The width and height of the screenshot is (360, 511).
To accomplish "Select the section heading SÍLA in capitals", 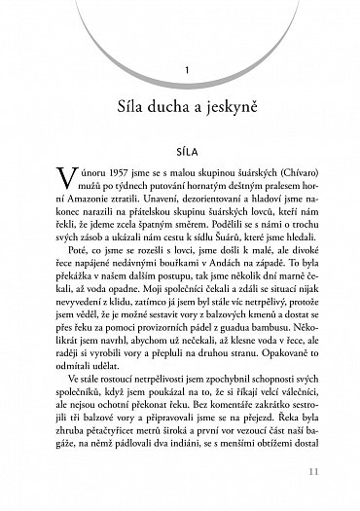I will coord(179,152).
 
